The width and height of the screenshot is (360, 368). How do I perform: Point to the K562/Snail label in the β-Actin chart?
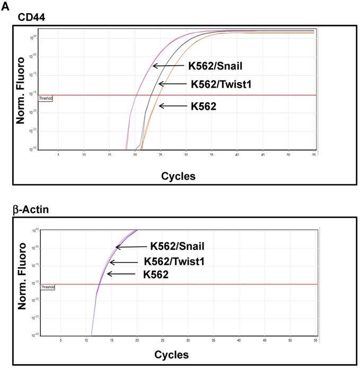[177, 246]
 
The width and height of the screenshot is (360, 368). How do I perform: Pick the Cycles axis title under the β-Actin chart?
[171, 354]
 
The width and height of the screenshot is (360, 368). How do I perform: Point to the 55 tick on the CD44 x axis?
[313, 154]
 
